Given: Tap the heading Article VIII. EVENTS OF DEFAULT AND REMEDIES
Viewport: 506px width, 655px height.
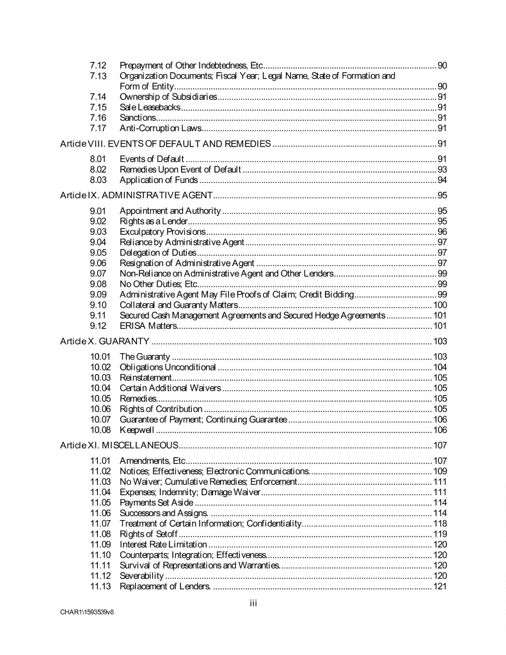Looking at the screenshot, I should click(165, 143).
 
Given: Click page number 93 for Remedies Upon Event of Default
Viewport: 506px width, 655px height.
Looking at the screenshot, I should click(441, 170).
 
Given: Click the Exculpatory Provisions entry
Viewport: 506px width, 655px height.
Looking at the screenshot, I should click(162, 232).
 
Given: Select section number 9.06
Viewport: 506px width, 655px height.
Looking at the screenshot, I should click(97, 263).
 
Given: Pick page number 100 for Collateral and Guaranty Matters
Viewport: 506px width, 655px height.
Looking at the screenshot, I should click(439, 304).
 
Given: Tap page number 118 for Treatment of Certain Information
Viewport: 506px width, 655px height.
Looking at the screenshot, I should click(439, 523).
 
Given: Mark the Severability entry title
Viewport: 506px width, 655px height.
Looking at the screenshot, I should click(141, 575).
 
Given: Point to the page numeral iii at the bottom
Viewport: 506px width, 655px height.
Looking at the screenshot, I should click(253, 603).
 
